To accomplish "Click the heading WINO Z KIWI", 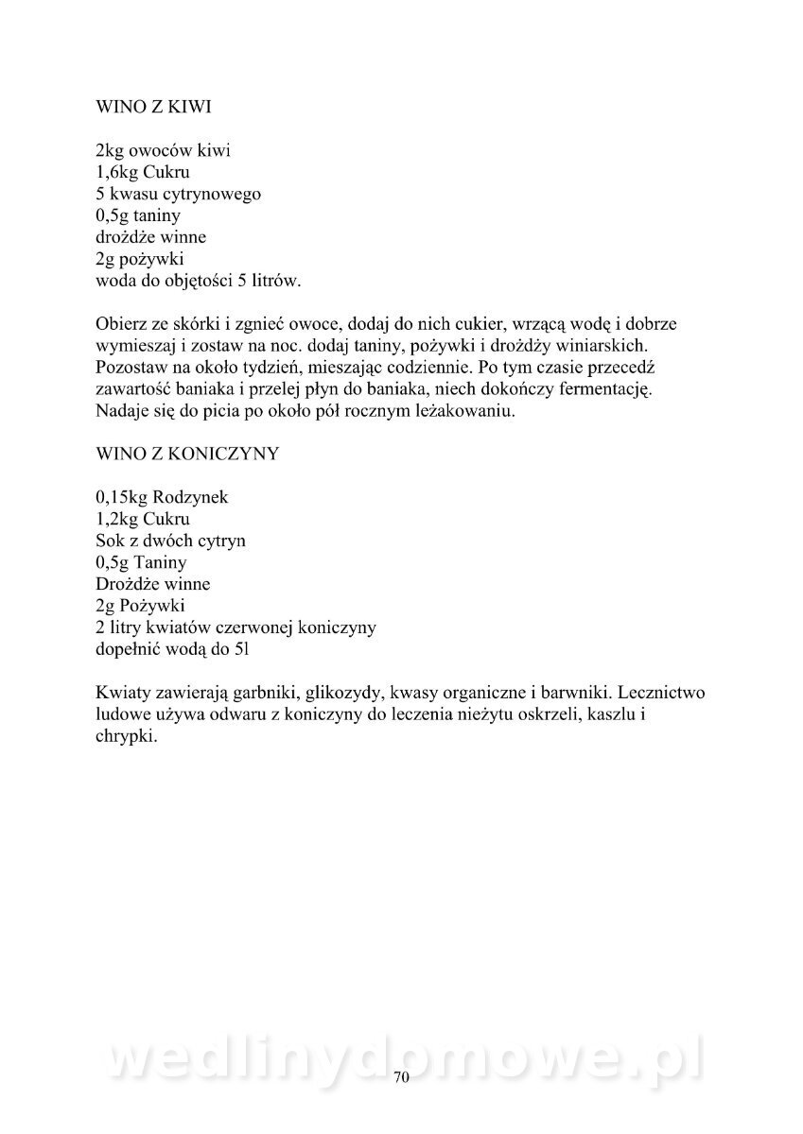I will (x=153, y=108).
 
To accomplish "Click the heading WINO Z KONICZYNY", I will (x=187, y=454).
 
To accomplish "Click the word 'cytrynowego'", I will (x=217, y=195).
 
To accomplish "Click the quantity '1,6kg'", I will (x=116, y=173).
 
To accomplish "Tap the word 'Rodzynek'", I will (x=197, y=497).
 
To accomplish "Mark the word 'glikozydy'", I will (x=337, y=692).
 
